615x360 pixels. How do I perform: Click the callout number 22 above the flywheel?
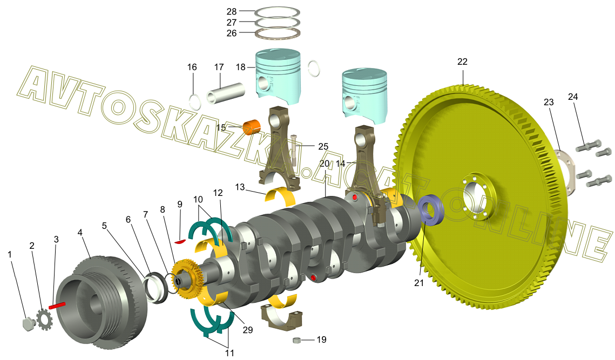tap(462, 62)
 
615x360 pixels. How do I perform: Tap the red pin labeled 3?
tap(57, 305)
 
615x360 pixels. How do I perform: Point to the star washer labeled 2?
tap(44, 320)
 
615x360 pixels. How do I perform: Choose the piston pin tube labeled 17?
tap(226, 93)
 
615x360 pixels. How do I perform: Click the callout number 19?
tap(321, 339)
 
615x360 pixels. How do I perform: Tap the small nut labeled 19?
tap(297, 340)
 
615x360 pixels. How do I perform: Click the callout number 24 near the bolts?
tap(573, 97)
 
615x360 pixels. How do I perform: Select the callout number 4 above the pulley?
tap(80, 232)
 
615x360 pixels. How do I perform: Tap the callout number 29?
tap(247, 330)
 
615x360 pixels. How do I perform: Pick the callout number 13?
tap(240, 187)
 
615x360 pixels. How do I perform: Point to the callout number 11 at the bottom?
tap(229, 353)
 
